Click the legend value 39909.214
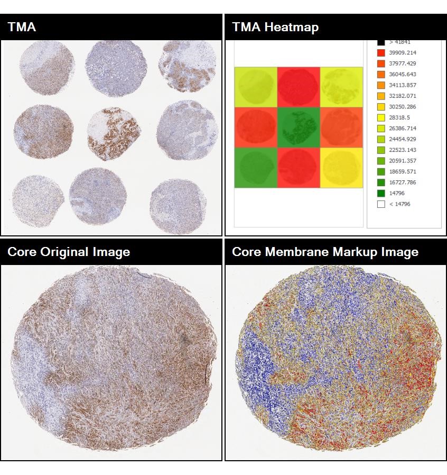(x=403, y=53)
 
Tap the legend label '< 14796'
(x=399, y=204)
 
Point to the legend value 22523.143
(x=403, y=150)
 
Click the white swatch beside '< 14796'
(x=381, y=204)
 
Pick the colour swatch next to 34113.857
(x=381, y=85)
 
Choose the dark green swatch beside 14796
(x=381, y=193)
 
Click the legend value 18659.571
(x=403, y=172)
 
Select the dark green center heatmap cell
(x=299, y=127)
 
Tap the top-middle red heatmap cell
(x=299, y=87)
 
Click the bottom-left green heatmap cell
(x=256, y=168)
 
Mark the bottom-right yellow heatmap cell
(x=341, y=168)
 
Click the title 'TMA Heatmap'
(x=275, y=27)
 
